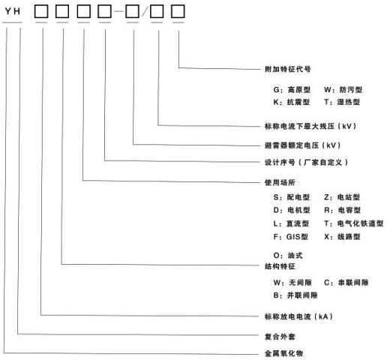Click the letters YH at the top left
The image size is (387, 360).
pos(13,11)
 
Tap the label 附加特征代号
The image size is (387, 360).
pos(288,69)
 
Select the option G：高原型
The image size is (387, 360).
pos(292,89)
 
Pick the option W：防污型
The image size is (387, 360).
pos(343,89)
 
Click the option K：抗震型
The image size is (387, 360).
pos(292,102)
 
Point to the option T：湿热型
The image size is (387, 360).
pos(342,102)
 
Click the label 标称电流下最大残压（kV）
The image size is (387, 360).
pos(310,126)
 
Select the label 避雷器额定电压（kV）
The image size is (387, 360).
pos(303,145)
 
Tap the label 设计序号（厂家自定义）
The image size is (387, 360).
pos(307,163)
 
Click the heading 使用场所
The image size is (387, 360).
pos(280,182)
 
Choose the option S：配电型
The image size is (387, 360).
pos(292,197)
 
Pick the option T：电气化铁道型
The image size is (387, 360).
pos(354,223)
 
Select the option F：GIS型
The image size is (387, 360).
pos(291,236)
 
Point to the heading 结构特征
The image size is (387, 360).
pos(280,266)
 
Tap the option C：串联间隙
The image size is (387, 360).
pos(346,283)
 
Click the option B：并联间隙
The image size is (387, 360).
pos(295,295)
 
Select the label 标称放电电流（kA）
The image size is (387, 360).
pos(299,316)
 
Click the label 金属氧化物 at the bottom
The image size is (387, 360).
pos(284,353)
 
